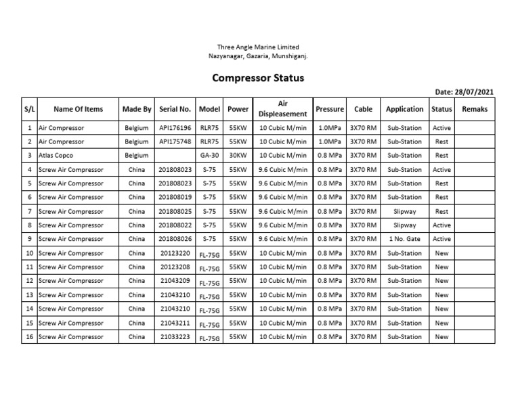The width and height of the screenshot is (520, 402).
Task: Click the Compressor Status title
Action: [258, 78]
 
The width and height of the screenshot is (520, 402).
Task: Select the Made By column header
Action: [137, 109]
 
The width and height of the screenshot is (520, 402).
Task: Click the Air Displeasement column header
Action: [283, 109]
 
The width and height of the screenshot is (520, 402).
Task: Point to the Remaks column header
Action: [474, 109]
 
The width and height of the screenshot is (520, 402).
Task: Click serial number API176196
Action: [175, 128]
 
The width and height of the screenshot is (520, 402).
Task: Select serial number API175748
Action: [175, 142]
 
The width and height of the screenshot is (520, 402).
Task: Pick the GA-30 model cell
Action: [210, 156]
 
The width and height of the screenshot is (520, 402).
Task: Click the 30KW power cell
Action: [238, 156]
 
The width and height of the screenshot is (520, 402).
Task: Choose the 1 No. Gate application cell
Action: [405, 239]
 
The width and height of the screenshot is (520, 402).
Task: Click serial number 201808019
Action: [175, 198]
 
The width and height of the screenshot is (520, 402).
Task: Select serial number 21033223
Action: [175, 336]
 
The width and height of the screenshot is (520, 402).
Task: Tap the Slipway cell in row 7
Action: [405, 211]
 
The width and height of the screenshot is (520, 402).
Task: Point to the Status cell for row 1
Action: [441, 128]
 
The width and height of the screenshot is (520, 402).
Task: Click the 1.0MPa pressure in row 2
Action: [330, 142]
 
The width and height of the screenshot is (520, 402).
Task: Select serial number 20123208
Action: [175, 267]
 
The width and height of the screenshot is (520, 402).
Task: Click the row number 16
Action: [29, 336]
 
